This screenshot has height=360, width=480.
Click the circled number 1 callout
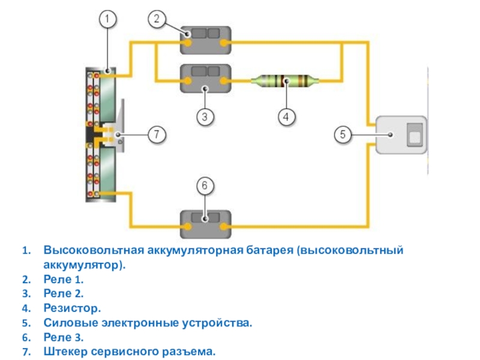point(107,20)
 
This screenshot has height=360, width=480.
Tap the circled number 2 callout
point(156,20)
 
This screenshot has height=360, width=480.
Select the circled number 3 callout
point(205,117)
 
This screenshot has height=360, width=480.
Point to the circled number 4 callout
point(286,117)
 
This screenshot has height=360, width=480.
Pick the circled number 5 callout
point(343,135)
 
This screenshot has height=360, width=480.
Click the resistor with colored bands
point(286,80)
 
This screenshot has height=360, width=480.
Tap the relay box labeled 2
point(206,38)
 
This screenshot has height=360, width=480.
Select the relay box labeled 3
point(206,79)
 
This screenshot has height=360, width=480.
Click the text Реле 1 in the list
point(63,280)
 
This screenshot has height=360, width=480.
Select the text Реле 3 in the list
point(63,337)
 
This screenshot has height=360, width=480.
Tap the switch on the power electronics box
point(414,134)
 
